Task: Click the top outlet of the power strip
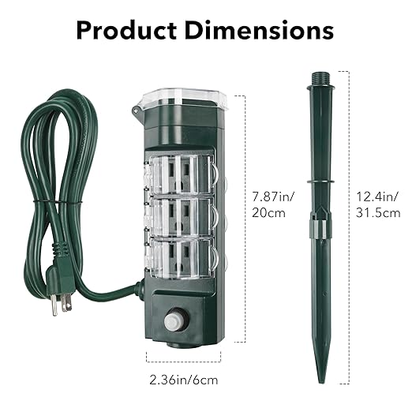pos(182,171)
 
